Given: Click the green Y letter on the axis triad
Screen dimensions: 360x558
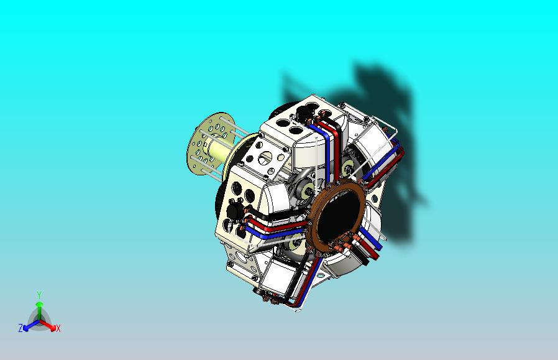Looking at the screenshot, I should coord(39,295).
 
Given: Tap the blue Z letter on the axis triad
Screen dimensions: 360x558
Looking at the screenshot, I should coord(21,328).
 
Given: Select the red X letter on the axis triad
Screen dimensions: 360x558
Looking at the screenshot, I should coord(58,328).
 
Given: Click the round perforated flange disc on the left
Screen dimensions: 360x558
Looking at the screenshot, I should coord(203,145).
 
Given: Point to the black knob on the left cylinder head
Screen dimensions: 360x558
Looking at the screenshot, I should coord(234,213).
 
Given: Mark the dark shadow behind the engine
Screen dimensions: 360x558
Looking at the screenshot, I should coord(385,124).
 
